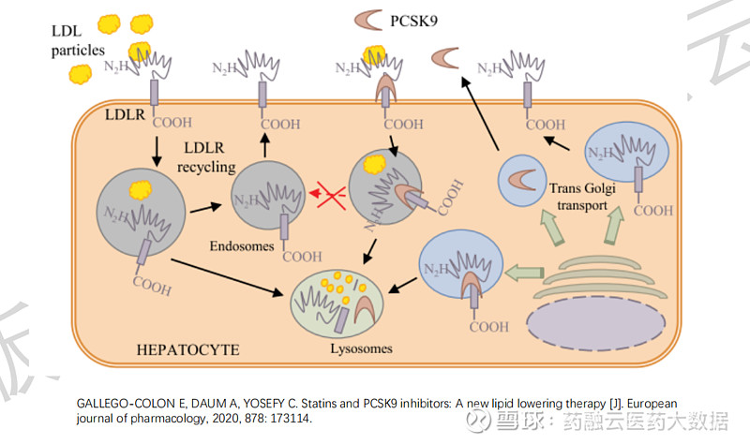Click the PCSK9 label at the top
(413, 21)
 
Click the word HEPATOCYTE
(188, 349)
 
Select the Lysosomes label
(361, 348)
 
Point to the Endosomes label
(242, 246)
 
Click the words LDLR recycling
(206, 157)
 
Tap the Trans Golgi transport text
(582, 197)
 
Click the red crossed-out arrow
(329, 194)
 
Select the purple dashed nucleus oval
(596, 323)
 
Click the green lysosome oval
(337, 303)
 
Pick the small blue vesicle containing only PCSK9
(522, 181)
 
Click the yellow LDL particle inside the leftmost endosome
(140, 190)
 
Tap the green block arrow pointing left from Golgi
(524, 273)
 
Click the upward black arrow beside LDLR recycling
(265, 145)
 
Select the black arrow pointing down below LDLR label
(157, 152)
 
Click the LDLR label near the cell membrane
(125, 114)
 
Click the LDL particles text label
(78, 40)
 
